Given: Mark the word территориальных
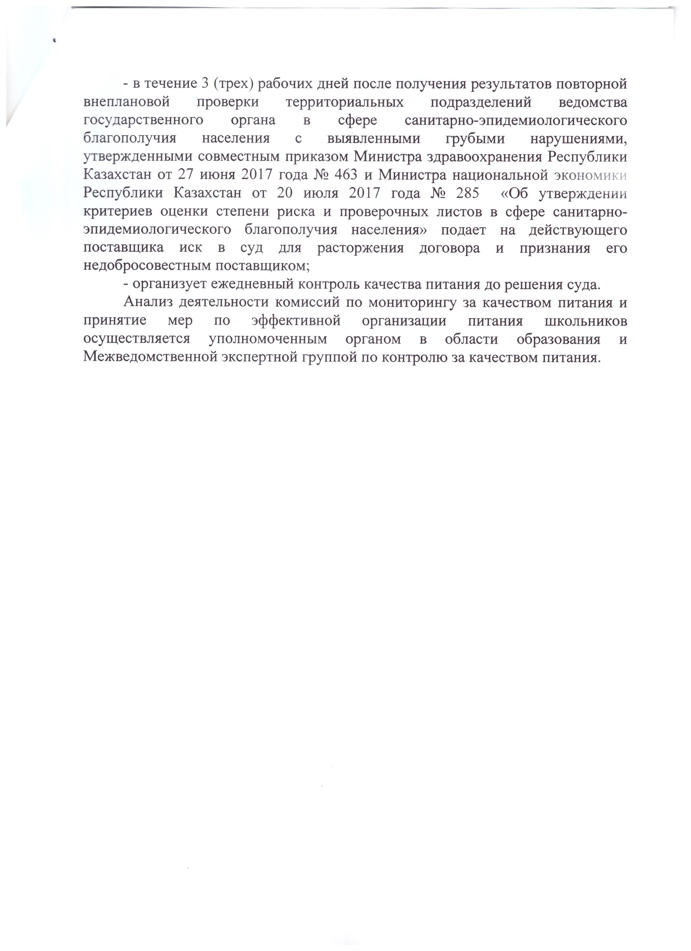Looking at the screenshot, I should (x=344, y=102).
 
